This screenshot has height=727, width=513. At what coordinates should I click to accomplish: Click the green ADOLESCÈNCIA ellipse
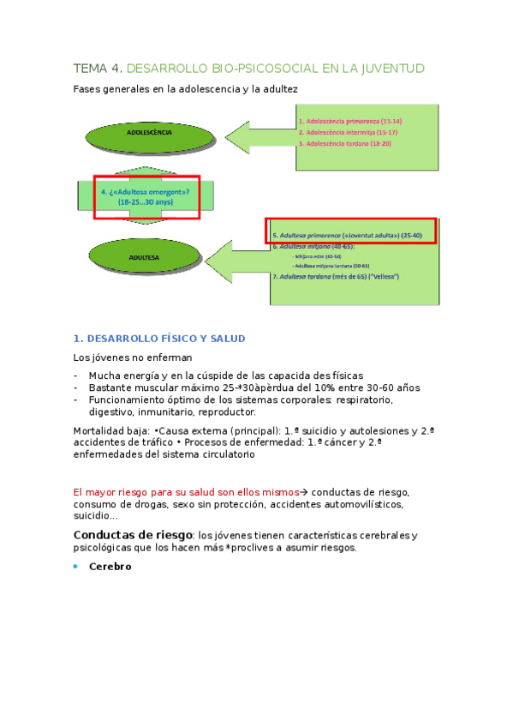click(149, 134)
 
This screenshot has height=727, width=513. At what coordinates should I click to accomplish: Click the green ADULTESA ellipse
click(144, 255)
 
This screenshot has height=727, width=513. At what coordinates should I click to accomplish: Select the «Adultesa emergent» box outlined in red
click(146, 196)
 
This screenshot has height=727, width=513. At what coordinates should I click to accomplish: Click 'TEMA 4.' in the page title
click(98, 68)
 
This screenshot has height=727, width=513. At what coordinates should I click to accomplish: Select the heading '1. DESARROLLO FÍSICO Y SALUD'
click(159, 338)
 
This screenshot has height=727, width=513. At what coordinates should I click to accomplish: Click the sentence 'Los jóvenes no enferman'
click(133, 357)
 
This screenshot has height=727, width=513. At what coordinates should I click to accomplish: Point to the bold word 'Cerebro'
click(110, 567)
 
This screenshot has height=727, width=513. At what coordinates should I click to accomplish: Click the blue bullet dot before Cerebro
click(75, 567)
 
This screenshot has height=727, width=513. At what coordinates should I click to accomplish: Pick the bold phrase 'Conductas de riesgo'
click(132, 535)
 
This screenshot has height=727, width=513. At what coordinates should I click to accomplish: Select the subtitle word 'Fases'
click(89, 88)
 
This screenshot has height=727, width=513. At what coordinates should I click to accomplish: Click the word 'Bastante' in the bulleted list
click(110, 388)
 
